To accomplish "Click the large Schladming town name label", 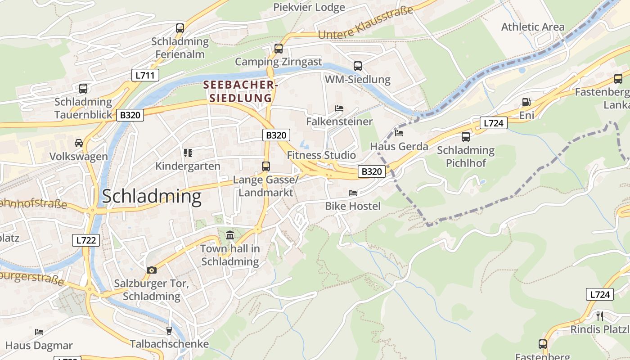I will pyautogui.click(x=152, y=197).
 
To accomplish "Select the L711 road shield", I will pyautogui.click(x=145, y=75).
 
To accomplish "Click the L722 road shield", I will pyautogui.click(x=85, y=240).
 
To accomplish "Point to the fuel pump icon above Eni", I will pyautogui.click(x=526, y=103).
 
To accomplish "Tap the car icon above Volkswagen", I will pyautogui.click(x=79, y=143).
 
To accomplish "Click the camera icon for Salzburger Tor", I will pyautogui.click(x=152, y=270).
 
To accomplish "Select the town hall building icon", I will pyautogui.click(x=230, y=235).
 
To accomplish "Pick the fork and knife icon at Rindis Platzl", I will pyautogui.click(x=599, y=316).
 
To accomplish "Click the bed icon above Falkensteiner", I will pyautogui.click(x=339, y=108).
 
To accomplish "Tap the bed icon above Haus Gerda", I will pyautogui.click(x=399, y=133).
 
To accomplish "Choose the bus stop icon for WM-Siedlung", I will pyautogui.click(x=357, y=66).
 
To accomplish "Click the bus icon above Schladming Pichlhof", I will pyautogui.click(x=465, y=136).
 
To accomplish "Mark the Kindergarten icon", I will pyautogui.click(x=188, y=153).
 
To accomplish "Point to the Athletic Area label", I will pyautogui.click(x=533, y=27).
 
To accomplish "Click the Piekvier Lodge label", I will pyautogui.click(x=309, y=7).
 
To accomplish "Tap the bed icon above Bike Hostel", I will pyautogui.click(x=353, y=193).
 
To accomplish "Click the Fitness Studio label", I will pyautogui.click(x=321, y=155).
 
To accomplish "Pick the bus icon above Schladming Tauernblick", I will pyautogui.click(x=83, y=89).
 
